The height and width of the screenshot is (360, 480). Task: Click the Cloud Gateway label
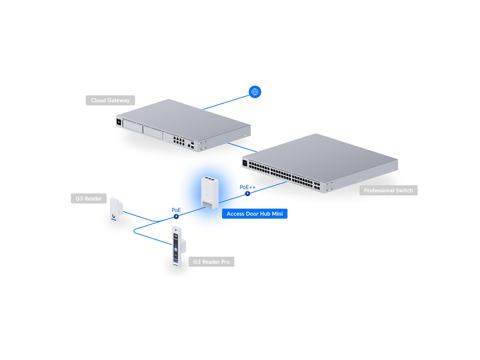click(110, 100)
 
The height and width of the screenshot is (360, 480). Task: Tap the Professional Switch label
click(388, 190)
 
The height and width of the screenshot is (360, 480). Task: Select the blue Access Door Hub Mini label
click(255, 214)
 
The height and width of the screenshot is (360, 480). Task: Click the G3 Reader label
click(89, 198)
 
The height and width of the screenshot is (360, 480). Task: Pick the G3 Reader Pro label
click(211, 262)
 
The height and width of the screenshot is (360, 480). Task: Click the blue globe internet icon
click(255, 92)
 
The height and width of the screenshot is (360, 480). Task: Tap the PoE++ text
click(247, 187)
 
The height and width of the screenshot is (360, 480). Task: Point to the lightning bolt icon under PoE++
click(247, 194)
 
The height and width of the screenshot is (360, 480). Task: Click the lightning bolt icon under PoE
click(176, 217)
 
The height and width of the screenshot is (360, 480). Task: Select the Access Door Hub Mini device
click(210, 193)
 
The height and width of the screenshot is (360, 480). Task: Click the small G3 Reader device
click(116, 210)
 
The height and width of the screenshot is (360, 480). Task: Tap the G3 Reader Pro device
click(178, 247)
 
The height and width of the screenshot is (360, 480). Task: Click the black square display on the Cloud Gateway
click(119, 122)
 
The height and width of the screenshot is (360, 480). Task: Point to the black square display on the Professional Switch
click(245, 163)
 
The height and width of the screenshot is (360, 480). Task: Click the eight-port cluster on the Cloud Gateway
click(179, 141)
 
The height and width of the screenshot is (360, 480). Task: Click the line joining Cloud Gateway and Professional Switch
click(242, 147)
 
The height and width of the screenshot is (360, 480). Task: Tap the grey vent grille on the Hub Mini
click(207, 205)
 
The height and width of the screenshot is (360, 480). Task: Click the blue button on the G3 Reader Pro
click(176, 250)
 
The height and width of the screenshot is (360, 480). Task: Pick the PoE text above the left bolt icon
click(176, 210)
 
